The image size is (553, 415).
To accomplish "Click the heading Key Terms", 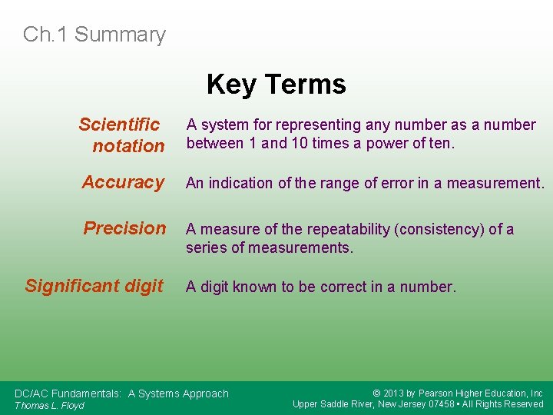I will click(276, 84).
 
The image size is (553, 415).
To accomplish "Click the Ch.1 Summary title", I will click(94, 35).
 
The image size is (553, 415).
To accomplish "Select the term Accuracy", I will click(123, 182).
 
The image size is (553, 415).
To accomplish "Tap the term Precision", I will click(124, 228).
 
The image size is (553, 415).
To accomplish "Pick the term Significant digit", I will click(94, 286).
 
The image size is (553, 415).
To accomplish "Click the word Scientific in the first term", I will click(119, 124).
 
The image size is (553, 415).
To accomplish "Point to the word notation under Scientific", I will click(128, 145).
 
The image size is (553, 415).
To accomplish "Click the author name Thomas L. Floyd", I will click(49, 405).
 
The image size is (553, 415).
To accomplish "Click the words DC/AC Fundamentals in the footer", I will click(68, 393).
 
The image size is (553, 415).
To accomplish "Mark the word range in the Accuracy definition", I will click(324, 183).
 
